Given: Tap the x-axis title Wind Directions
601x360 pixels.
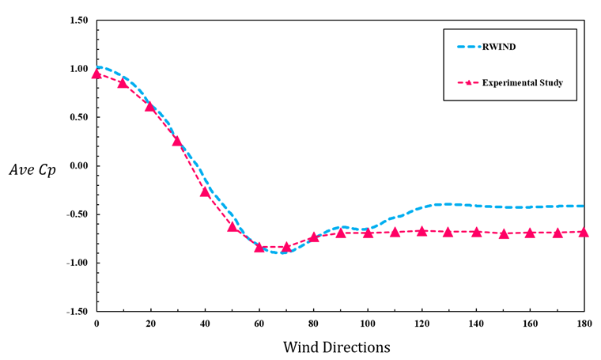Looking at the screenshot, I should click(336, 347).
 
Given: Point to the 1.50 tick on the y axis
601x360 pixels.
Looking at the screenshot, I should click(77, 20).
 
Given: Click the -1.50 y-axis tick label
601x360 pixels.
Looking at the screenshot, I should click(76, 312).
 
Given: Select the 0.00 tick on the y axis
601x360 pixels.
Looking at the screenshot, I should click(77, 166).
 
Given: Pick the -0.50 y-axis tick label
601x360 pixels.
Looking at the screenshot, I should click(76, 214).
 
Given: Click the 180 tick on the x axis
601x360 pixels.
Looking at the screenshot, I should click(584, 324).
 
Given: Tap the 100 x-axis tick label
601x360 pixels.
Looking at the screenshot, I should click(367, 324).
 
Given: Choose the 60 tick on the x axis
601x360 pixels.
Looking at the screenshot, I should click(259, 324).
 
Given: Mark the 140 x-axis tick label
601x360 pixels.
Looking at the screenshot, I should click(475, 324).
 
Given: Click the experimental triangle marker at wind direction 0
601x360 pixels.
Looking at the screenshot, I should click(96, 74).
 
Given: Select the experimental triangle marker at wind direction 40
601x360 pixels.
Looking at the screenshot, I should click(205, 191).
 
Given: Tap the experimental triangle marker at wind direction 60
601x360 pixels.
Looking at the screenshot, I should click(259, 247).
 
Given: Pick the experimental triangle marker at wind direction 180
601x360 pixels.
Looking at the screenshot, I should click(584, 232).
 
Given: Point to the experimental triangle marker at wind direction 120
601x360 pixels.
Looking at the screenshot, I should click(421, 231).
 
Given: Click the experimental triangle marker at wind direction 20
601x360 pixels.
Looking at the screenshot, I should click(150, 106).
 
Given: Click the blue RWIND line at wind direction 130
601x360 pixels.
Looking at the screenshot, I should click(448, 204).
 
